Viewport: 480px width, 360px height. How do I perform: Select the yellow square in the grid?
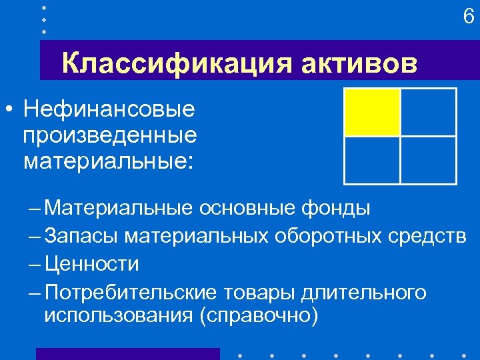point(372,112)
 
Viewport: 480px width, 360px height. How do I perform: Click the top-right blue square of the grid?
point(429,112)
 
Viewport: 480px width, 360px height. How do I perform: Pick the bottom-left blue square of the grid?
point(372,160)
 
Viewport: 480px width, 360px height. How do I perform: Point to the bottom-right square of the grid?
point(429,160)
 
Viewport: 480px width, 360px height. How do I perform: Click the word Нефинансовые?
point(108,108)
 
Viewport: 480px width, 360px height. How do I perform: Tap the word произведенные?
point(110,135)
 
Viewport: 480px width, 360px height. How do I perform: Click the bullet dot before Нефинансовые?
point(9,109)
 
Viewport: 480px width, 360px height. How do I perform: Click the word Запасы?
point(81,235)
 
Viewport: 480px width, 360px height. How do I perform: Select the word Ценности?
point(92,263)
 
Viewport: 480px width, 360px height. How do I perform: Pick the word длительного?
point(363,291)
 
